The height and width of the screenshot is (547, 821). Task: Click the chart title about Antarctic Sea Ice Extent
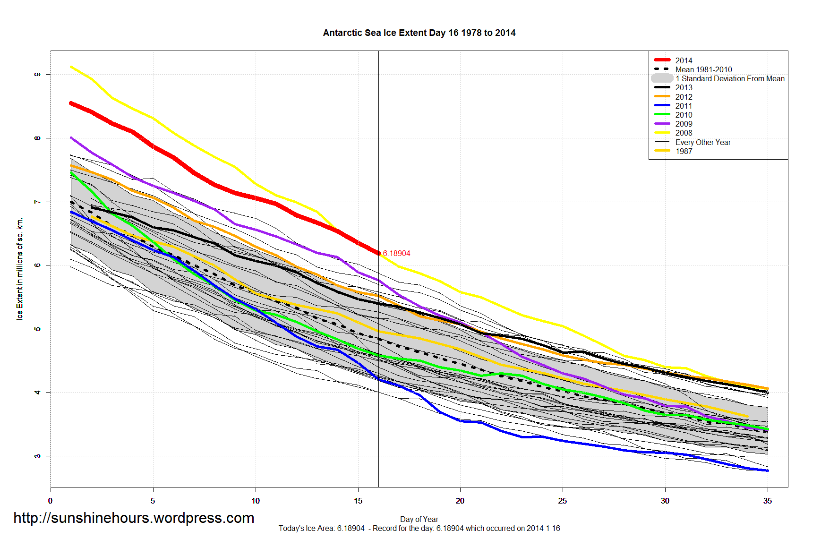(x=419, y=33)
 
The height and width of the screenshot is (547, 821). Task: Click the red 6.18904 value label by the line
(x=396, y=254)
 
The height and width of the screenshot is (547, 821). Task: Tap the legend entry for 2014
(x=684, y=60)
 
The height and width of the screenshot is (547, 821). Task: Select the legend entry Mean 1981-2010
(x=703, y=69)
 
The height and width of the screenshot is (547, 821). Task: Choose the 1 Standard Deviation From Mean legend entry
(x=730, y=78)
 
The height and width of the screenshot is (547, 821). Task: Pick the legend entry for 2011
(x=684, y=106)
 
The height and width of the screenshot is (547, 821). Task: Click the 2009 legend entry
(x=684, y=124)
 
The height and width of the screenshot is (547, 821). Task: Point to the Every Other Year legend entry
(x=702, y=142)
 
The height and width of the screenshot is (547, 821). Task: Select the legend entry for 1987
(x=684, y=151)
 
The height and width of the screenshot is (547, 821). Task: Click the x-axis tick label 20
(x=460, y=501)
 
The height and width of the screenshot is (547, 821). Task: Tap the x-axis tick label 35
(x=767, y=501)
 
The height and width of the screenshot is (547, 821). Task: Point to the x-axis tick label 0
(x=51, y=501)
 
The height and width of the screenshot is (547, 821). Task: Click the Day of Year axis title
(x=419, y=519)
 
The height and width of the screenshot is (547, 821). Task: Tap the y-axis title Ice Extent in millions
(x=20, y=269)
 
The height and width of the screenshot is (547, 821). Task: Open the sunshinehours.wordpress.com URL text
(x=134, y=518)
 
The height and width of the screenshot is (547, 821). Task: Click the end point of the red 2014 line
(x=378, y=254)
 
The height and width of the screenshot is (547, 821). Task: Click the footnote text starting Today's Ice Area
(x=419, y=528)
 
